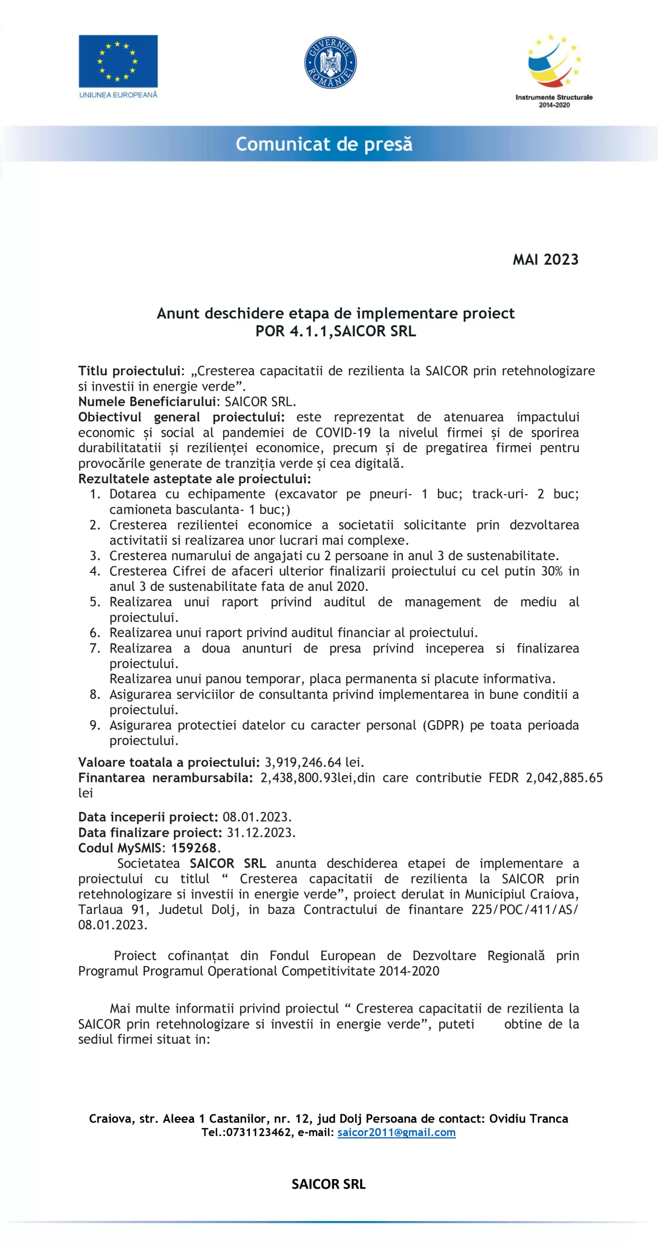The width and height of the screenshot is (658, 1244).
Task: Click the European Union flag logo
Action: click(x=118, y=61)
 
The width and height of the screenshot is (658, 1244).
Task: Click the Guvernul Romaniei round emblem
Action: click(x=330, y=62)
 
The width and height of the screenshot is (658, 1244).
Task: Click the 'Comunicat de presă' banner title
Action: click(x=324, y=144)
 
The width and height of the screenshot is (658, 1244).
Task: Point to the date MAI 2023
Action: click(x=545, y=259)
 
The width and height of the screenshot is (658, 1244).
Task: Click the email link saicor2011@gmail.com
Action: click(x=397, y=1132)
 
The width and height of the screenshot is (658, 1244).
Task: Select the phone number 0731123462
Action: click(x=259, y=1132)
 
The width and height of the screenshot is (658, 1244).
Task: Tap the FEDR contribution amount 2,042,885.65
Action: click(x=564, y=777)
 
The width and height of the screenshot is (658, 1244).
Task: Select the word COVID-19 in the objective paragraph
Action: click(x=343, y=432)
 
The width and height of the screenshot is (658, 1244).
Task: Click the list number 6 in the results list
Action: click(x=95, y=633)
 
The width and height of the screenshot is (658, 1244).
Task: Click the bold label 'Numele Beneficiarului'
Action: click(x=147, y=401)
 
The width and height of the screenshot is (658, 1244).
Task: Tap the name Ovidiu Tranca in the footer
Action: click(x=528, y=1119)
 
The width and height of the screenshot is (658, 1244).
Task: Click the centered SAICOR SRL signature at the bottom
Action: click(x=329, y=1184)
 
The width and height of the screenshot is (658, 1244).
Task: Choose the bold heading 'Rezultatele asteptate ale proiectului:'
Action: click(x=194, y=479)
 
